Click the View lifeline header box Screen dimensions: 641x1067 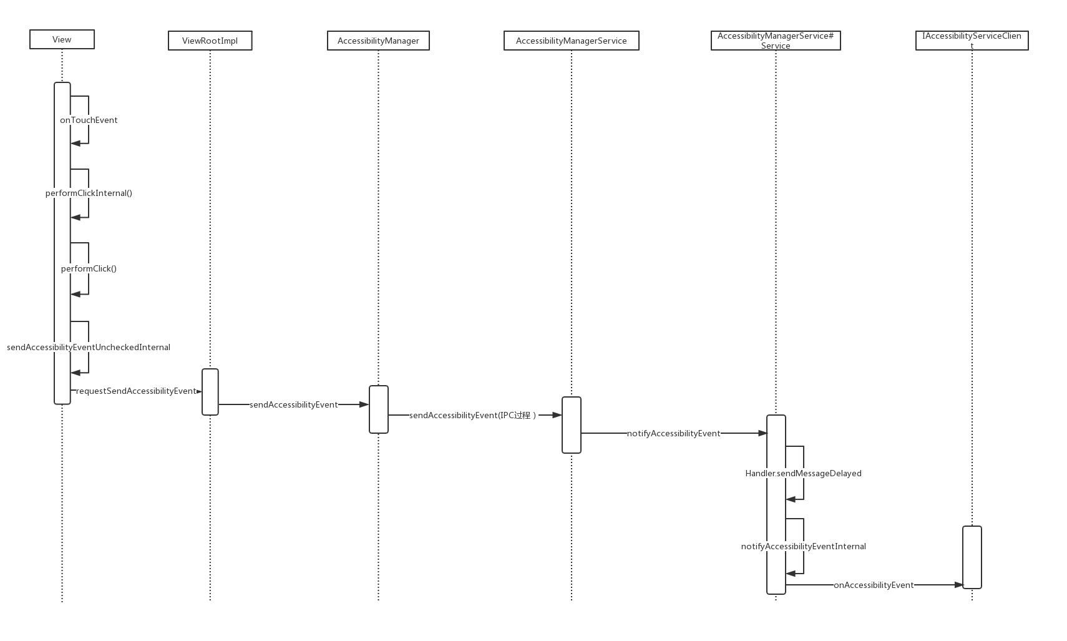coord(62,39)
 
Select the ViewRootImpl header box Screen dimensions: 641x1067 coord(210,41)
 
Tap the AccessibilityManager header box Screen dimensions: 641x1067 coord(378,41)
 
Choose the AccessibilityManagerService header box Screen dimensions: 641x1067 coord(571,41)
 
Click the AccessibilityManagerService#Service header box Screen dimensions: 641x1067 coord(776,41)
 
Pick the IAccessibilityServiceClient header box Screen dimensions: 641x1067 coord(972,41)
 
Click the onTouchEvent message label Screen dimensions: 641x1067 coord(89,120)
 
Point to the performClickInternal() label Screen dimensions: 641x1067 coord(89,193)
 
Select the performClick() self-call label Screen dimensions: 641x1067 coord(89,268)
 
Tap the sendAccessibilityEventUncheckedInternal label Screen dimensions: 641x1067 coord(89,347)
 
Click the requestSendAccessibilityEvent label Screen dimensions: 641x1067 coord(136,391)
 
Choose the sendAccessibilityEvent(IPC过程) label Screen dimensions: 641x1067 coord(472,415)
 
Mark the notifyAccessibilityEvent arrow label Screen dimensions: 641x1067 coord(673,433)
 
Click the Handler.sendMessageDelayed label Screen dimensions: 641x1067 coord(803,473)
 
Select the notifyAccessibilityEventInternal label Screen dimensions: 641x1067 coord(803,546)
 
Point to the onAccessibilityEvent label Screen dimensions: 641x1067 coord(873,585)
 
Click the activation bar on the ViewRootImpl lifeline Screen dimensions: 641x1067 coord(210,391)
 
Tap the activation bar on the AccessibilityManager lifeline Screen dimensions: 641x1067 coord(379,409)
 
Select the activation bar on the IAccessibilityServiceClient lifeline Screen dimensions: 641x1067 coord(972,557)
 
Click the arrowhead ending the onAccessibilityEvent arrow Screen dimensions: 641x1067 coord(959,585)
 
